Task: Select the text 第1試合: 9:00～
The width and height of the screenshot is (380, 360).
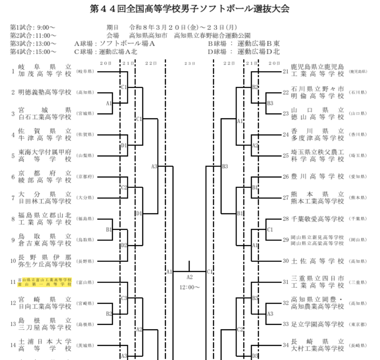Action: (x=33, y=28)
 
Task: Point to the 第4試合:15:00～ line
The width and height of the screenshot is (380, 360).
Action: (x=34, y=52)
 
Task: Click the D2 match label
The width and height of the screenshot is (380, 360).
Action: (x=124, y=245)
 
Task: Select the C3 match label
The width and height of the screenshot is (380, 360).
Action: (x=124, y=298)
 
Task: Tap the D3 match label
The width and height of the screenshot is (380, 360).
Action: (x=255, y=356)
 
